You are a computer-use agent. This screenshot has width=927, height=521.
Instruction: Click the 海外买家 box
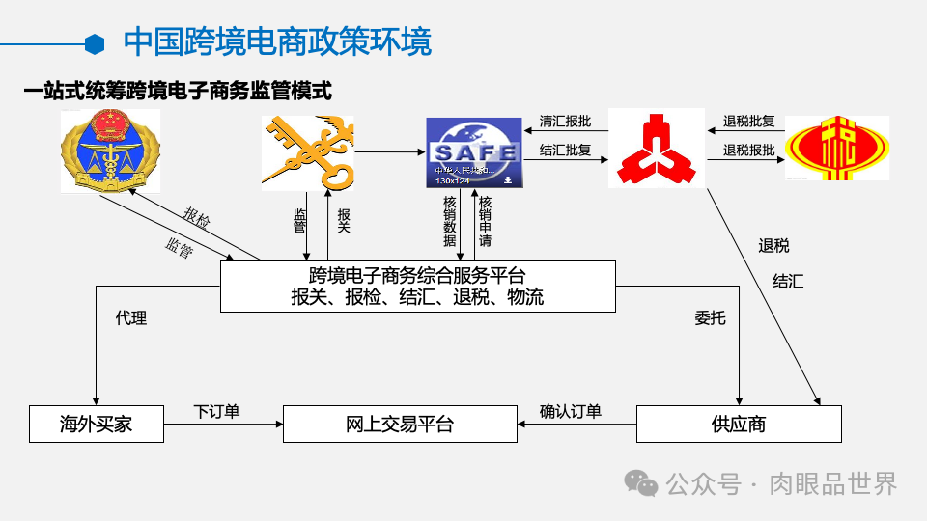pos(96,424)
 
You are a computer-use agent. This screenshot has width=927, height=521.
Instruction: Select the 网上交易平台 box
pos(400,424)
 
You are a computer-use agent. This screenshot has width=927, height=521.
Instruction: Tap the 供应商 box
pos(739,424)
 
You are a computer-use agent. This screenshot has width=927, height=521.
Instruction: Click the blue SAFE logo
pos(474,151)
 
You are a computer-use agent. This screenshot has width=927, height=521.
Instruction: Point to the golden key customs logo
pos(307,151)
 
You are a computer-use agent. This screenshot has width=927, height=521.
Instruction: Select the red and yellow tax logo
pos(837,149)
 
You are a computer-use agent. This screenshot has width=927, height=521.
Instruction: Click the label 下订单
pos(216,412)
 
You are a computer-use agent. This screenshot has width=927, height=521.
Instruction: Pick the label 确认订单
pos(571,412)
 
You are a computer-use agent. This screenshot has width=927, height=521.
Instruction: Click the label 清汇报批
pos(566,123)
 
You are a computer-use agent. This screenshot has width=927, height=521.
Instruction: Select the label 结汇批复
pos(566,151)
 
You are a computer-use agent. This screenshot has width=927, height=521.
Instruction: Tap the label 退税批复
pos(749,123)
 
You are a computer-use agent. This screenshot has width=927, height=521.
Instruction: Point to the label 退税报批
pos(749,151)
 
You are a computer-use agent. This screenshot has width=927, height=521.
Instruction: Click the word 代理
pos(131,317)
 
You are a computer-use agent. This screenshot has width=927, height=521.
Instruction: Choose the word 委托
pos(710,317)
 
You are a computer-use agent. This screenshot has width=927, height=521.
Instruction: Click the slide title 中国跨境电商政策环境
pos(278,42)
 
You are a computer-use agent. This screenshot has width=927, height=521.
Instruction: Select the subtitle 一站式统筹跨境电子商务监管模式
pos(179,92)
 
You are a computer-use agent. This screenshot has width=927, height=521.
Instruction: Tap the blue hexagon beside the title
pos(95,43)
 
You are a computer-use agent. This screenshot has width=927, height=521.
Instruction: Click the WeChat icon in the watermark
pos(640,482)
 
